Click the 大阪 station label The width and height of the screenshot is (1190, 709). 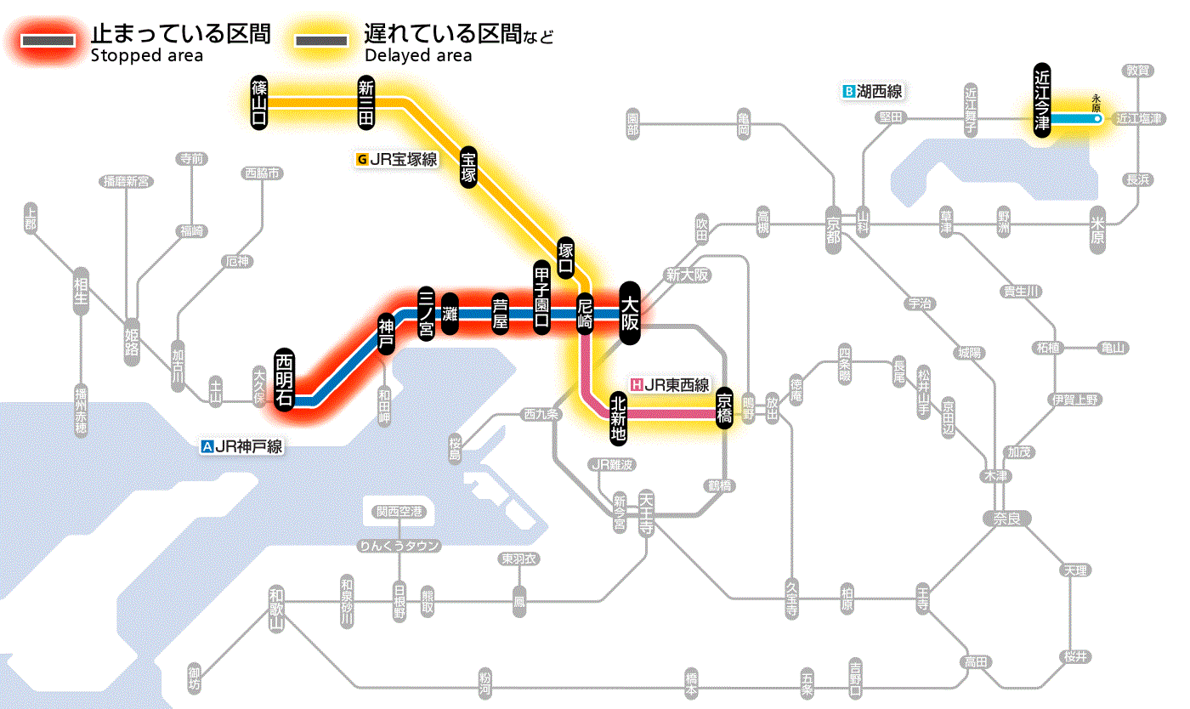click(x=630, y=314)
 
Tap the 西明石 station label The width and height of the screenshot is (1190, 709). click(x=285, y=379)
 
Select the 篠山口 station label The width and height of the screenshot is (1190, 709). click(x=259, y=103)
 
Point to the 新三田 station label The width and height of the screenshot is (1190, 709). click(x=366, y=103)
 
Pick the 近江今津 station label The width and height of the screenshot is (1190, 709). click(x=1042, y=98)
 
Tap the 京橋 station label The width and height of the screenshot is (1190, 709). click(x=724, y=409)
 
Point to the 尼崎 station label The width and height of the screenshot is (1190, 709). click(x=585, y=314)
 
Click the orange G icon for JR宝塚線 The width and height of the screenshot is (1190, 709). click(x=363, y=159)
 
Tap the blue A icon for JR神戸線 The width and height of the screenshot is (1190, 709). click(x=207, y=446)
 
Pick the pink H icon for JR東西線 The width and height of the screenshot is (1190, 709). click(x=636, y=384)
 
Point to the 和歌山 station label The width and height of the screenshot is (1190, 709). click(x=275, y=609)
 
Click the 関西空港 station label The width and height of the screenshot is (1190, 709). click(x=399, y=512)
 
